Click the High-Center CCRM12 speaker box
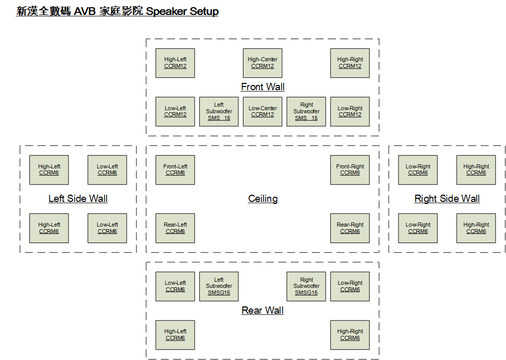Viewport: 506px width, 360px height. tap(263, 63)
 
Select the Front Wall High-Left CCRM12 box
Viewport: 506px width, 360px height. tap(175, 63)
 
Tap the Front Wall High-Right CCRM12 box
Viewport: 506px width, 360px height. tap(350, 63)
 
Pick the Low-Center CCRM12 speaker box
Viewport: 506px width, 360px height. tap(263, 111)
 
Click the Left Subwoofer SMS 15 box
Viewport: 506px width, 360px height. tap(219, 111)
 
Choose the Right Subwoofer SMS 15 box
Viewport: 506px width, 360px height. tap(306, 111)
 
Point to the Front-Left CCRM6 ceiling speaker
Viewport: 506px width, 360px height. tap(175, 170)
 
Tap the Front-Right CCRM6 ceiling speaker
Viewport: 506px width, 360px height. tap(350, 170)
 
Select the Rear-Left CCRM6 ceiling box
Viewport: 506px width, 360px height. tap(175, 228)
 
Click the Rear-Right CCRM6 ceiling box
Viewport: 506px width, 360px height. tap(350, 228)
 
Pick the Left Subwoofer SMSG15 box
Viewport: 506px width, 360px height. tap(219, 286)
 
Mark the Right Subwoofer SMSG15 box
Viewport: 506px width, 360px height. tap(306, 286)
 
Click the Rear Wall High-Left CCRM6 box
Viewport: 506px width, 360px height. tap(175, 335)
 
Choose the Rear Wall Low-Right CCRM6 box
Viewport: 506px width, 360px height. tap(350, 286)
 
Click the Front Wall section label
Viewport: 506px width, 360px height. tap(263, 87)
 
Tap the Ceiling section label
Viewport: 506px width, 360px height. tap(263, 199)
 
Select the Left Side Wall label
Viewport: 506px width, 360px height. tap(78, 199)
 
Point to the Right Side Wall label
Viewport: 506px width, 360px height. tap(447, 199)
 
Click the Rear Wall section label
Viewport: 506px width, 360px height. tap(263, 310)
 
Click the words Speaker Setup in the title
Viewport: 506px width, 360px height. tap(182, 11)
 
